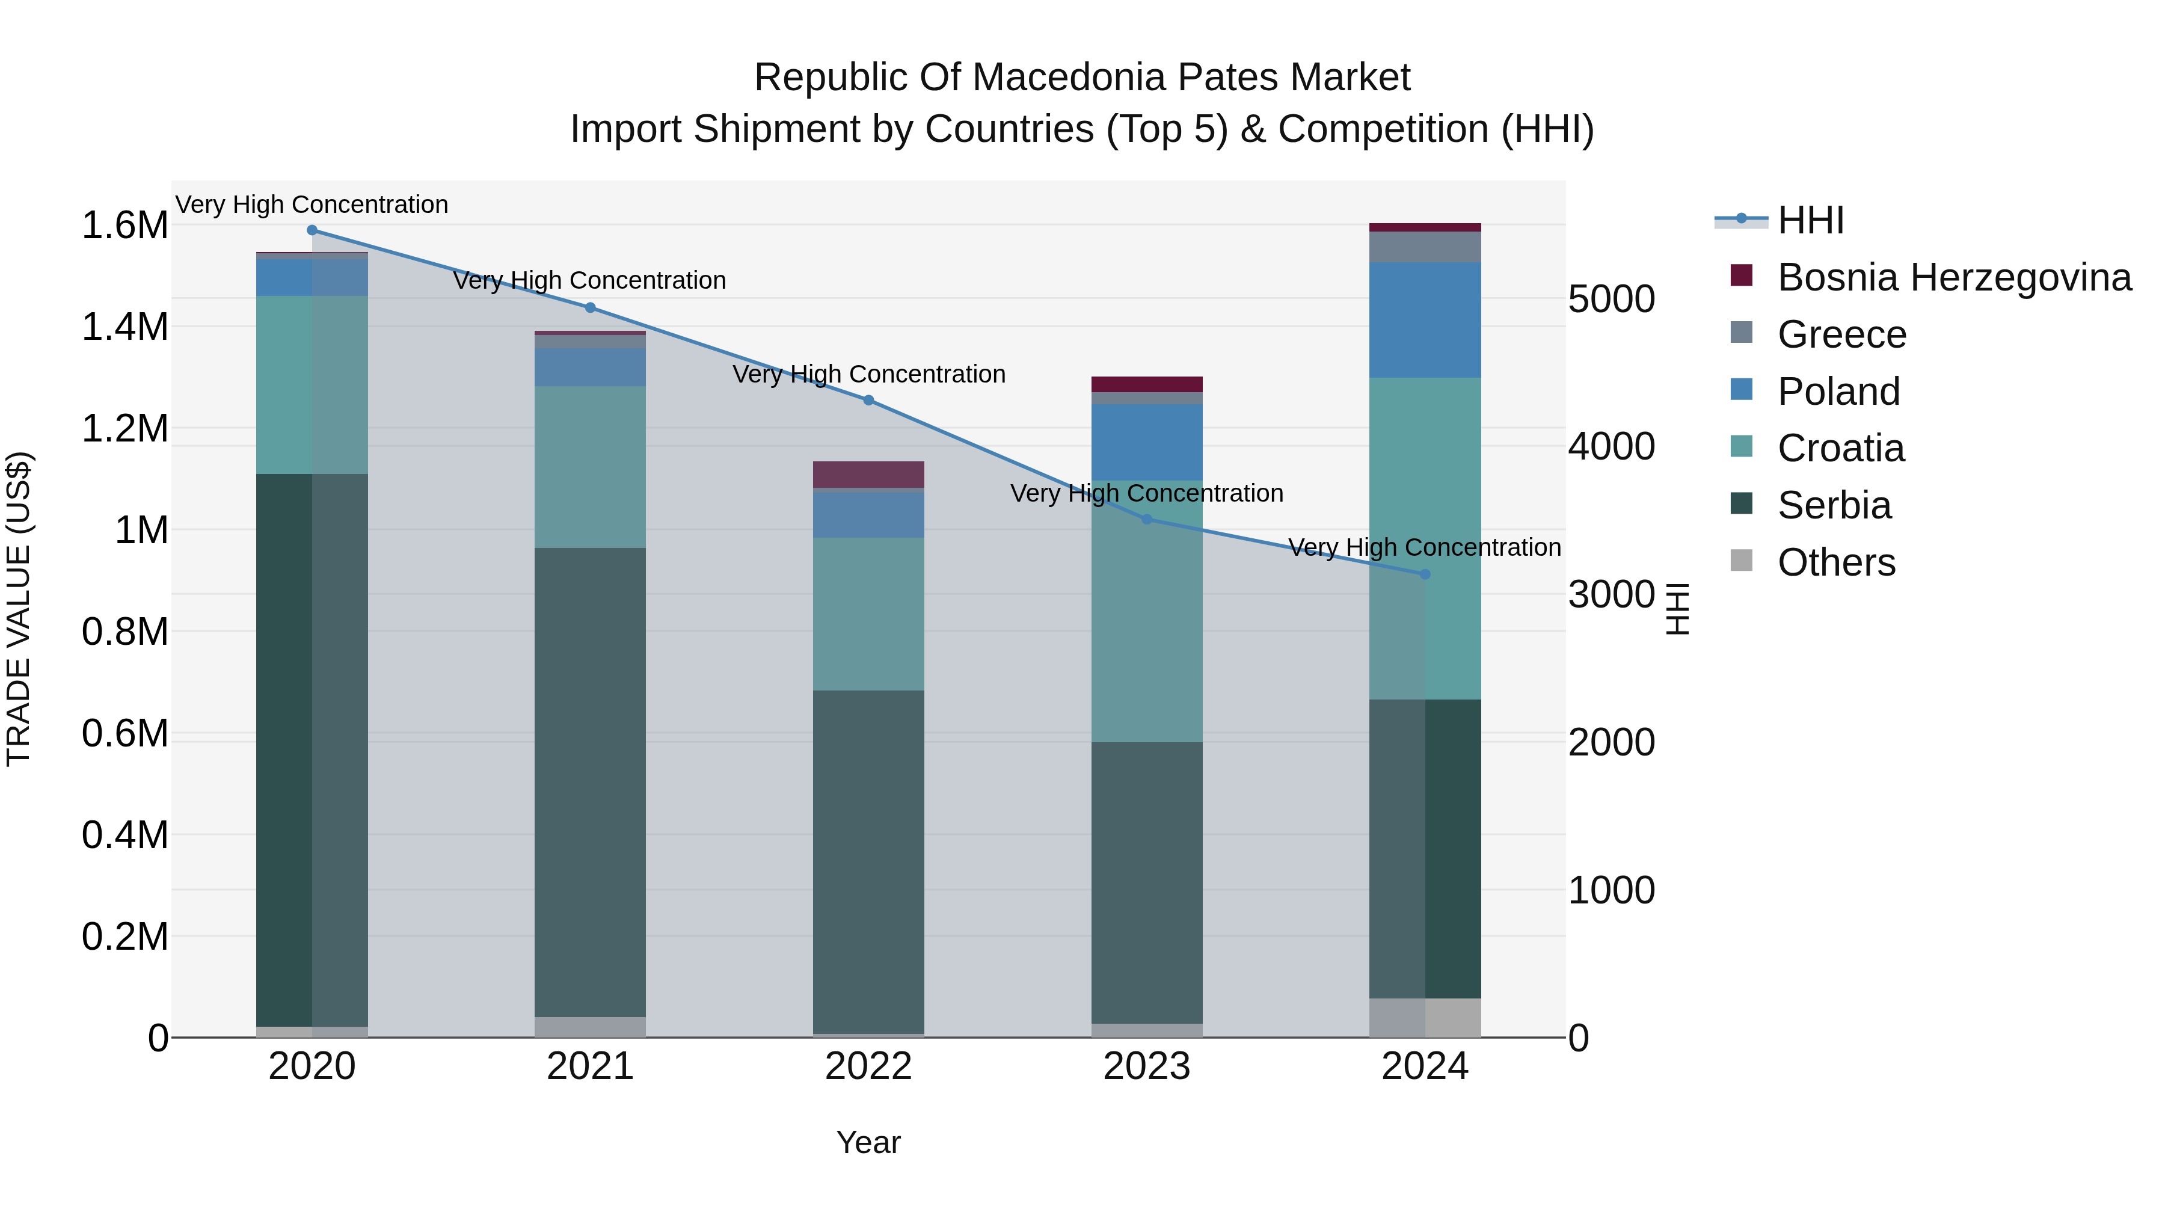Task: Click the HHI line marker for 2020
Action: pos(312,230)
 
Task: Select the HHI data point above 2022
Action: pos(868,400)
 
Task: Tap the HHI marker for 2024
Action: pos(1425,574)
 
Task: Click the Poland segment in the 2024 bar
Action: pos(1425,319)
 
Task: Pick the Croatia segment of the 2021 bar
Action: pos(590,467)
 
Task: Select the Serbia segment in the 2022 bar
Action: pos(868,861)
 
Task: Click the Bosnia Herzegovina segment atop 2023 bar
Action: pos(1146,384)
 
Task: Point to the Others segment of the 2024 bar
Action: pos(1425,1017)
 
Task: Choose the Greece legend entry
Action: pos(1841,334)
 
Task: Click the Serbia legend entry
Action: pos(1834,505)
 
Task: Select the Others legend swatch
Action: pos(1742,561)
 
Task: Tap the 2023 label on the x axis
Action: pos(1146,1066)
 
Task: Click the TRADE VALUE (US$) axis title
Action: pos(19,609)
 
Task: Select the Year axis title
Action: pos(868,1142)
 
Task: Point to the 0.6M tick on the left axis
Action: pos(124,733)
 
